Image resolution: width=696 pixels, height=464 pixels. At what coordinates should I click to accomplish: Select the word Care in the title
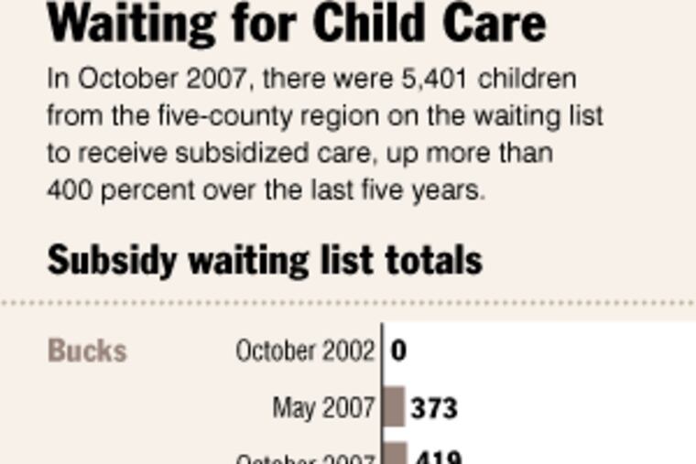click(497, 25)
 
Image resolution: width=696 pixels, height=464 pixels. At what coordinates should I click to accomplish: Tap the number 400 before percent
click(70, 191)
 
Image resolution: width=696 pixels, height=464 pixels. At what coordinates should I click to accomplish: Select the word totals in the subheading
click(439, 260)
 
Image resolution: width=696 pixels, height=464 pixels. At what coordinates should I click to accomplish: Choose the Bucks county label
click(87, 351)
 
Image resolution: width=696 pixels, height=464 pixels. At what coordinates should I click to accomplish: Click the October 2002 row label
click(305, 351)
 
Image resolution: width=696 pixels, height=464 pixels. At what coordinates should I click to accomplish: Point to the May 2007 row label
click(323, 407)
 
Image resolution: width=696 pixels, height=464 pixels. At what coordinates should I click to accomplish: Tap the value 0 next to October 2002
click(398, 351)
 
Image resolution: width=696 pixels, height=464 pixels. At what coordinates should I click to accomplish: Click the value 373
click(433, 408)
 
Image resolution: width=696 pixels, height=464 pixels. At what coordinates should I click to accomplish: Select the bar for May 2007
click(394, 407)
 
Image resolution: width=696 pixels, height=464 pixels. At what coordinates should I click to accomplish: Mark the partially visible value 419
click(438, 457)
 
